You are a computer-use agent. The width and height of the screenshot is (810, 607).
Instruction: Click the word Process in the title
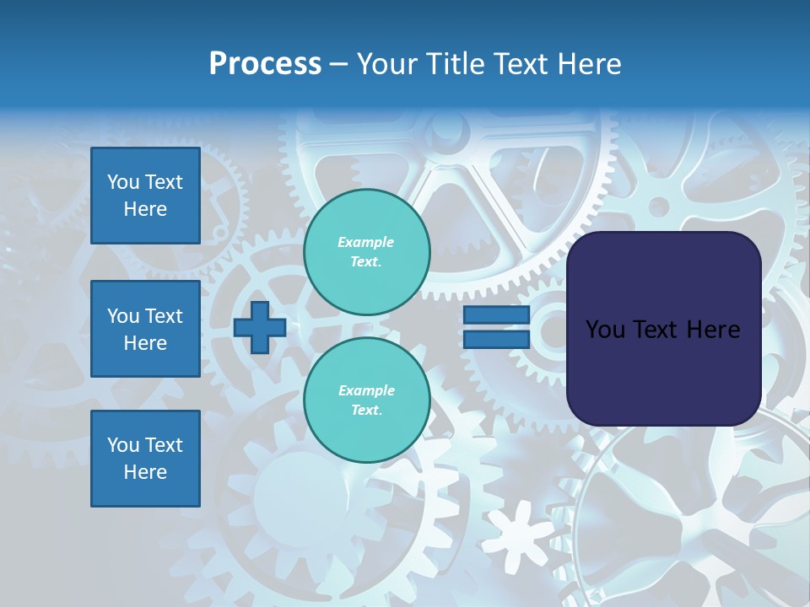[265, 64]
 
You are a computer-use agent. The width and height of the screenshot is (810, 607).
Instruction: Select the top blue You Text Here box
[145, 196]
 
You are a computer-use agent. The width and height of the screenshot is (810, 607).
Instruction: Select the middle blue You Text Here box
[145, 329]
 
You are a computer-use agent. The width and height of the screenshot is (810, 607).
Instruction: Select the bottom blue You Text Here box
[145, 459]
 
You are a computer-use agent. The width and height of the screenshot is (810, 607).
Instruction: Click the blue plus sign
[260, 327]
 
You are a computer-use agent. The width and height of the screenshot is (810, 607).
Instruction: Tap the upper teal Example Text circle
[366, 252]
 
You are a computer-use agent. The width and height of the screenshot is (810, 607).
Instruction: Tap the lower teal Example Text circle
[366, 400]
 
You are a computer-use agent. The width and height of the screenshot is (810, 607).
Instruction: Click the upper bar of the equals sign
[496, 315]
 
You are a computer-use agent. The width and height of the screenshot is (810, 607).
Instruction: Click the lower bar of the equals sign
[496, 339]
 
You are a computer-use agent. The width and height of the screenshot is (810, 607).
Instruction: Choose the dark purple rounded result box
[663, 371]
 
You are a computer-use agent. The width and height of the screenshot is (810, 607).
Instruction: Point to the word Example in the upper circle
[366, 243]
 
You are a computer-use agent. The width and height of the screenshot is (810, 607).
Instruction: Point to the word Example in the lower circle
[366, 391]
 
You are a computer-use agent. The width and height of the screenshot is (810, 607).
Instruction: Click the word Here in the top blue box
[145, 209]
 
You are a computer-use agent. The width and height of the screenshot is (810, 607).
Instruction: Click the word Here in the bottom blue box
[145, 472]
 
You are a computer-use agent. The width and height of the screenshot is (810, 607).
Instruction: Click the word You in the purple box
[605, 330]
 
